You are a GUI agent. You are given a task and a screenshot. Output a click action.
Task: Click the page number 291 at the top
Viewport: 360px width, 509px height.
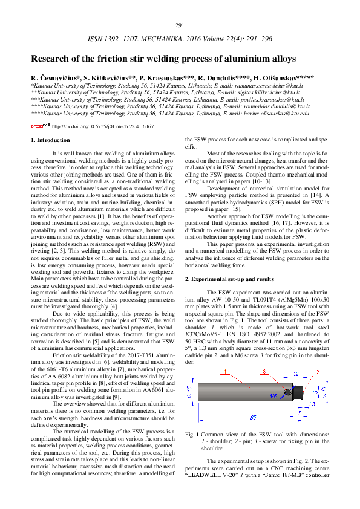coord(180,25)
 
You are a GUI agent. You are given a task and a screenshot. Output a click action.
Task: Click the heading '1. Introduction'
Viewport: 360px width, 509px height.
coord(50,140)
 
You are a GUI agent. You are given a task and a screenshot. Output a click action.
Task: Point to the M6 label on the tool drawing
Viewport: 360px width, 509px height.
coord(273,396)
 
